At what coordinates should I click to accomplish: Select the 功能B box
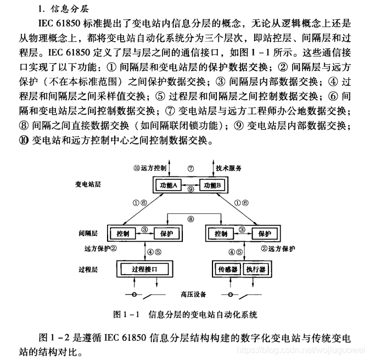click(212, 185)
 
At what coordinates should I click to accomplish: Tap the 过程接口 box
click(145, 270)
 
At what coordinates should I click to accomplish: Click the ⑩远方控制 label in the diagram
click(150, 167)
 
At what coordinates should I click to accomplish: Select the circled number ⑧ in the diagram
click(190, 219)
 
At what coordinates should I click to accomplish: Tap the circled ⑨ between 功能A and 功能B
click(190, 190)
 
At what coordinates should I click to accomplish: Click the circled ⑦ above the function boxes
click(190, 167)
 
